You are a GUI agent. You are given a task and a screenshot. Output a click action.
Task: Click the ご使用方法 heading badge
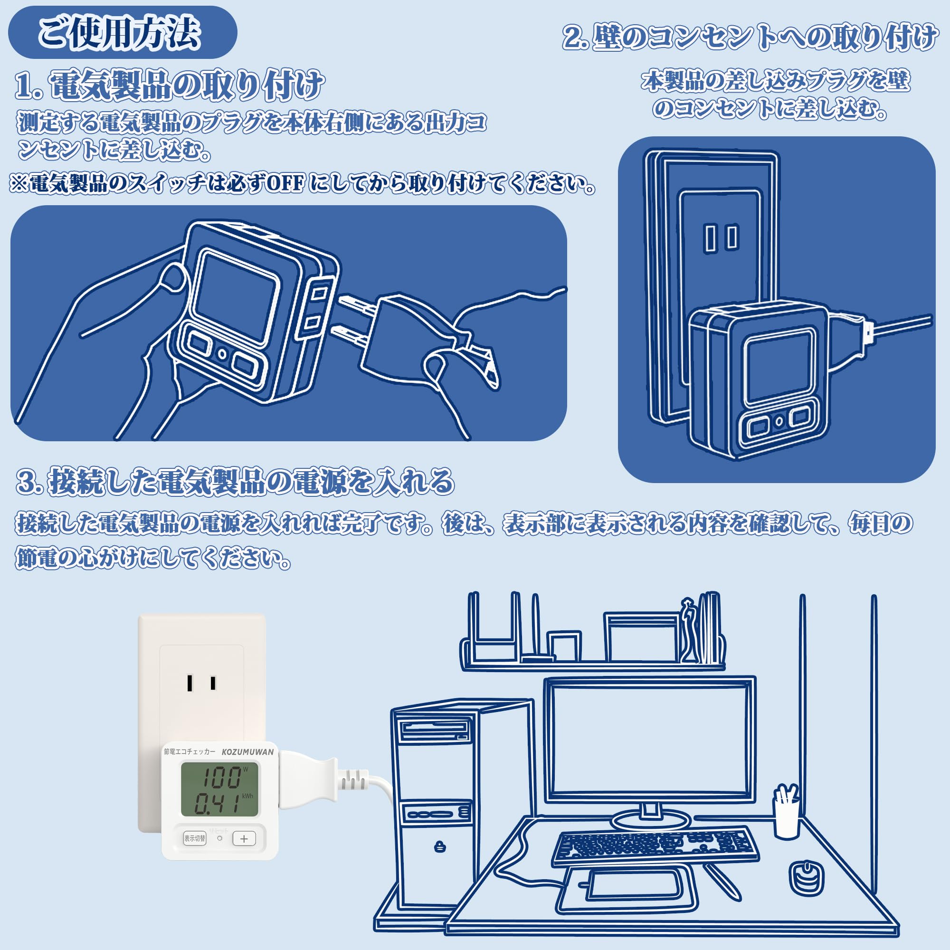(122, 32)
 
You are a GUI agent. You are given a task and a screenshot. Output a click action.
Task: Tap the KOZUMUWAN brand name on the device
(247, 752)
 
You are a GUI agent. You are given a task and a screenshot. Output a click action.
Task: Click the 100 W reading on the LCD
(221, 778)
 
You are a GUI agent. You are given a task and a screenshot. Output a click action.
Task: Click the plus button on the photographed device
(244, 838)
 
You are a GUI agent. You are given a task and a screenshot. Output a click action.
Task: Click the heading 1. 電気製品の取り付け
(170, 85)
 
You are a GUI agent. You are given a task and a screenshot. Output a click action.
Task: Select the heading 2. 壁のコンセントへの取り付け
(749, 38)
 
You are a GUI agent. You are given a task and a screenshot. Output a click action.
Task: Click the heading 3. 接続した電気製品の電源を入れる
(235, 481)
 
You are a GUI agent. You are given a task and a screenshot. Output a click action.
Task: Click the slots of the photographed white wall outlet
(201, 683)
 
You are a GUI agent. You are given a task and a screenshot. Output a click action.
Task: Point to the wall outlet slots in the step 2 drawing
(721, 237)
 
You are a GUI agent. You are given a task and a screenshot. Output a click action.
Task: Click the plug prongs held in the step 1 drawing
(352, 320)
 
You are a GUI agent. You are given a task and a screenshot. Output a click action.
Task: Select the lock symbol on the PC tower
(439, 847)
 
